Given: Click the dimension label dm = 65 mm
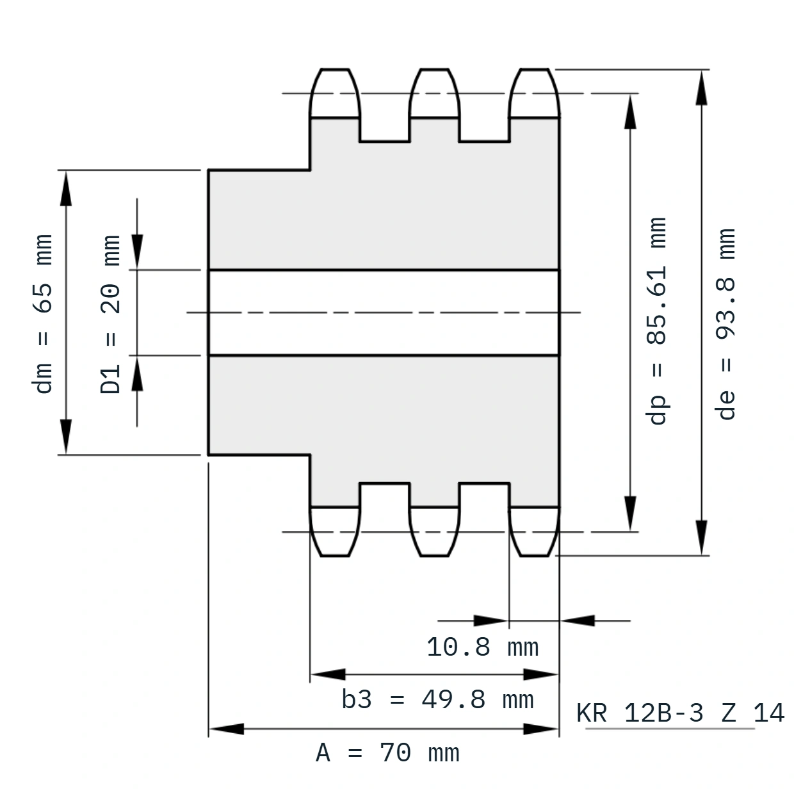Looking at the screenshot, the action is point(42,314).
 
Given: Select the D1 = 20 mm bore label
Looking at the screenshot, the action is point(110,314).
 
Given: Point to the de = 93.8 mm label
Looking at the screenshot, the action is point(725,324).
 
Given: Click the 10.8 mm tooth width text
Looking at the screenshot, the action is point(483,647).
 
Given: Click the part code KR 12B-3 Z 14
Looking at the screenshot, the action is point(680,713).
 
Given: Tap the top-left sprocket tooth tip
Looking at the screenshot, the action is point(335,70).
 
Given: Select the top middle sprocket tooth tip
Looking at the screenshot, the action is point(434,70).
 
